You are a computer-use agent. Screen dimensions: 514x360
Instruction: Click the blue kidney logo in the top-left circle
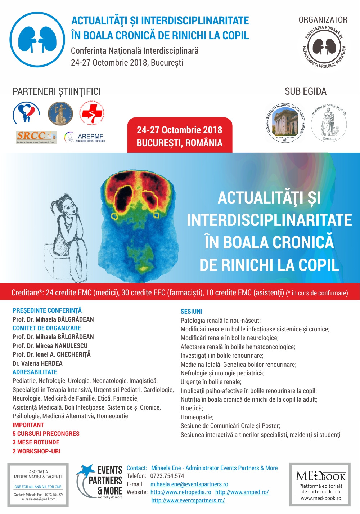click(x=37, y=40)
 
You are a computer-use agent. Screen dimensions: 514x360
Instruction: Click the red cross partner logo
click(x=92, y=113)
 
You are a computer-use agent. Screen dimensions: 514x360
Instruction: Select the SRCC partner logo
click(x=36, y=137)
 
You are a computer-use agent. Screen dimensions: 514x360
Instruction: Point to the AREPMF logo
click(x=85, y=137)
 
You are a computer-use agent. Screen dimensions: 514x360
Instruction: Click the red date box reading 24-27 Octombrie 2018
click(x=180, y=136)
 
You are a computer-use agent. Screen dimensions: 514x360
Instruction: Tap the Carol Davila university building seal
click(x=285, y=123)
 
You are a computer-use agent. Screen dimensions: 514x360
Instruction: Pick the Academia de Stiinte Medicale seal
click(x=329, y=123)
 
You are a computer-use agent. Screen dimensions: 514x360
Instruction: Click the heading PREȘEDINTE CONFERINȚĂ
click(x=47, y=310)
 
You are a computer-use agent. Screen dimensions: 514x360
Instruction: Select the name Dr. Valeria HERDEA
click(x=37, y=363)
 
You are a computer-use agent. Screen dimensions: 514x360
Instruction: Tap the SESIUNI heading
click(x=192, y=312)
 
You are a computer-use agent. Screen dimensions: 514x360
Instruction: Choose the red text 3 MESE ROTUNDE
click(x=36, y=442)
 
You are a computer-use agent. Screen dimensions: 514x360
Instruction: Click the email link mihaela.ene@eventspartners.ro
click(x=189, y=484)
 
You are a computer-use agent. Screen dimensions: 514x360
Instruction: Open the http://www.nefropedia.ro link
click(x=181, y=492)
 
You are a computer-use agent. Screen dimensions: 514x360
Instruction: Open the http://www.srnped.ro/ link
click(x=242, y=492)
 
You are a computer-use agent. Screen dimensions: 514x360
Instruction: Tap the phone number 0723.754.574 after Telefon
click(x=167, y=476)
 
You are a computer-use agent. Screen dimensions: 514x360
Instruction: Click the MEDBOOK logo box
click(x=320, y=484)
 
